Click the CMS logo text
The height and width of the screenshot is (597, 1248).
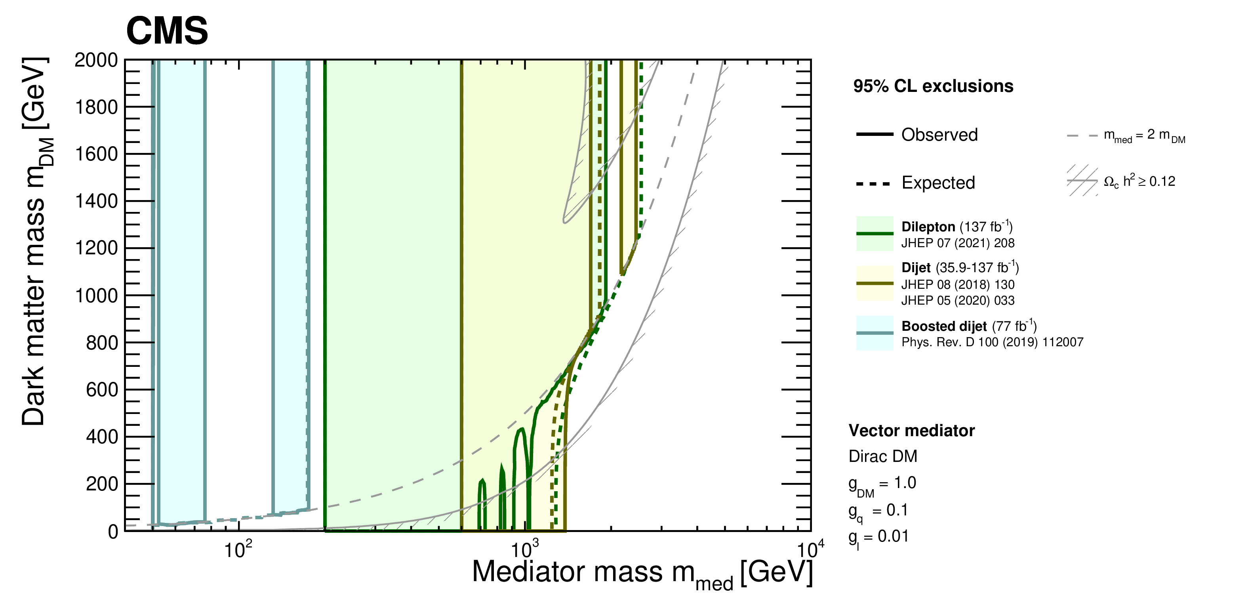tap(167, 31)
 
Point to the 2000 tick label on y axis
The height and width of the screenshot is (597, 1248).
tap(96, 60)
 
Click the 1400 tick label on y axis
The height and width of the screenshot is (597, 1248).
tap(96, 201)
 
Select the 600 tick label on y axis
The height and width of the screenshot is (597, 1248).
tap(102, 389)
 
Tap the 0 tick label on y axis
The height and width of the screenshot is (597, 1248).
tap(113, 532)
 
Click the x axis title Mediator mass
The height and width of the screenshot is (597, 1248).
tap(642, 573)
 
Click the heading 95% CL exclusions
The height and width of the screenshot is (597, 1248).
tap(933, 86)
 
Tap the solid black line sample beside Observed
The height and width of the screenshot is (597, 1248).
tap(875, 134)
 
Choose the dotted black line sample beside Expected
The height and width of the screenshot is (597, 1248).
tap(873, 184)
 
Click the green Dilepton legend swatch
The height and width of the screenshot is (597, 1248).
tap(875, 234)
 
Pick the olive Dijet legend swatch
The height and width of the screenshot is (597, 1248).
tap(875, 284)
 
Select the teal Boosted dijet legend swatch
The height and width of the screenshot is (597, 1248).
tap(875, 333)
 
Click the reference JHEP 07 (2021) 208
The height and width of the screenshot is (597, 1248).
tap(957, 243)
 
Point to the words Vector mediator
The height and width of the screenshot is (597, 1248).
tap(911, 431)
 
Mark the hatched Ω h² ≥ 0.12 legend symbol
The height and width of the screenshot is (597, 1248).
tap(1082, 181)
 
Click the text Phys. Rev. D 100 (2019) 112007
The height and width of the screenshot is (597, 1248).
tap(992, 343)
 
